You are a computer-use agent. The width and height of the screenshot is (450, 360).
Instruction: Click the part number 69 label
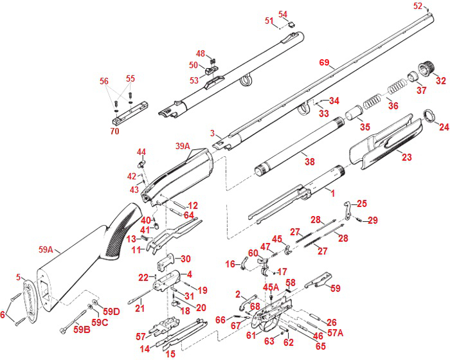click(324, 62)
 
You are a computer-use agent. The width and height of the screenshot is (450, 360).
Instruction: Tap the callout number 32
click(440, 80)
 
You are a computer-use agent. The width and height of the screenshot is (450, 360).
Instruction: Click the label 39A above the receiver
click(182, 147)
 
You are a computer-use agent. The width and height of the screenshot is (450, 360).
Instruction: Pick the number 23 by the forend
click(406, 156)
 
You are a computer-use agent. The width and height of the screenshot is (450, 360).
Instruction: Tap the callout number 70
click(115, 131)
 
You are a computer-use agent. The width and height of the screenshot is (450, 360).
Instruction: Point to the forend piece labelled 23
click(379, 148)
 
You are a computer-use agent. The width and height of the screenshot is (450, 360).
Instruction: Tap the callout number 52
click(418, 6)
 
